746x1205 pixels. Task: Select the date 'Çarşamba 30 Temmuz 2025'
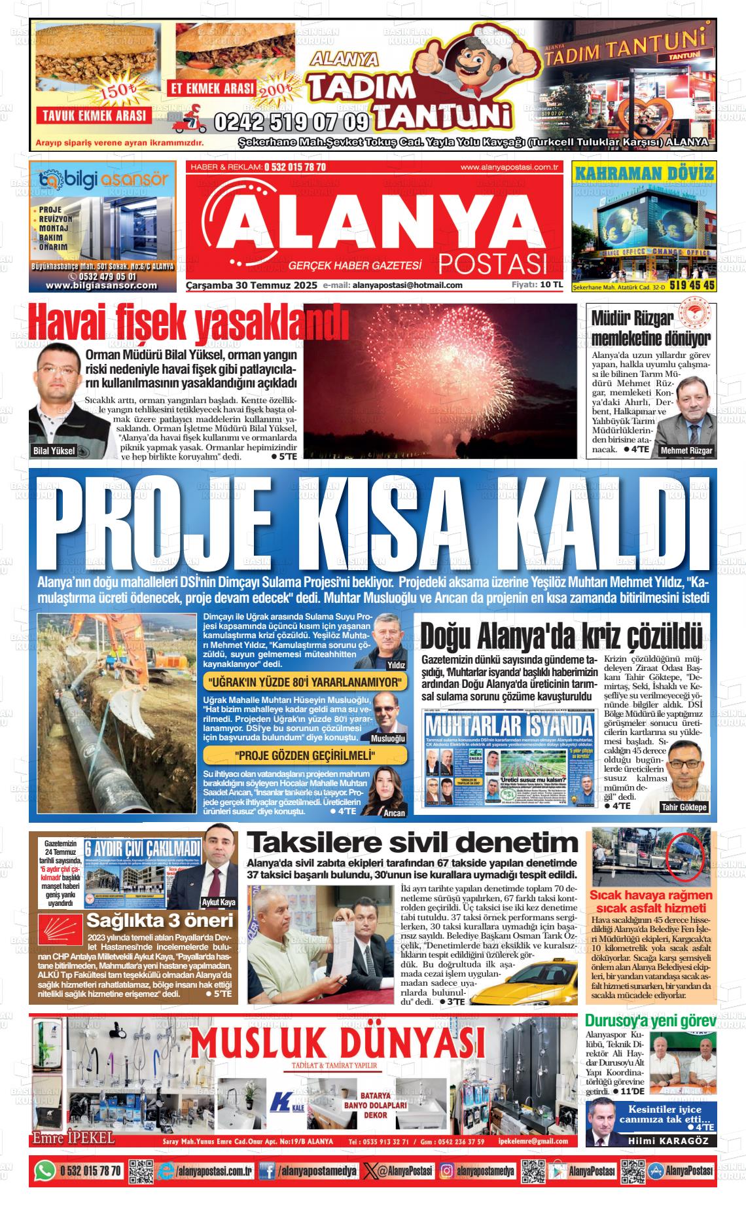coord(251,285)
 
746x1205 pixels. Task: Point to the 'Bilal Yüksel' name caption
coord(54,450)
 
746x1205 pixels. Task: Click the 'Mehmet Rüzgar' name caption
coord(686,451)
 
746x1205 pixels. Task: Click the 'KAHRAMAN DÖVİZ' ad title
coord(643,173)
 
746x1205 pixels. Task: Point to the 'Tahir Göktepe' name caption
coord(684,807)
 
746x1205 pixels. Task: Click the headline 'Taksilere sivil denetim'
coord(412,842)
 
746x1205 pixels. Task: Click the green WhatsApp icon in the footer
coord(45,1170)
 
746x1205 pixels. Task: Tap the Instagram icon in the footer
coord(446,1170)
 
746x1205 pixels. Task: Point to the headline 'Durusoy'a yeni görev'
coord(650,1020)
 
